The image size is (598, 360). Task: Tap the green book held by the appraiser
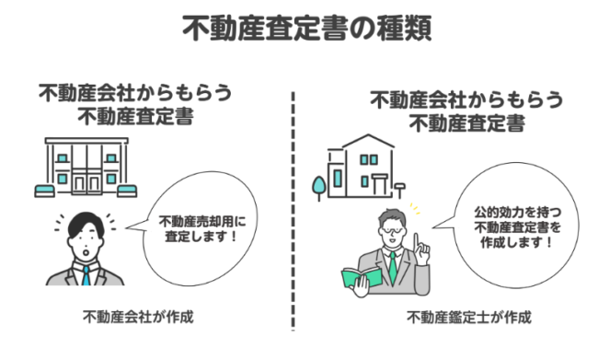tap(359, 277)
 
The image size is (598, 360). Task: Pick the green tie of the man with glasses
tap(393, 266)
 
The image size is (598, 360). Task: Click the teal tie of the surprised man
tap(85, 273)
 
